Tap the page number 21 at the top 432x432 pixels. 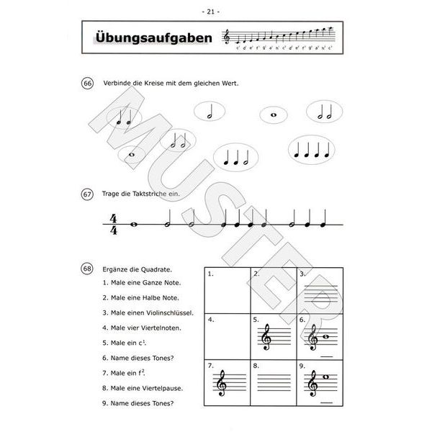pyautogui.click(x=216, y=11)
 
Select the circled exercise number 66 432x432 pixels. pyautogui.click(x=88, y=84)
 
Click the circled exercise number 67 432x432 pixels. pyautogui.click(x=88, y=194)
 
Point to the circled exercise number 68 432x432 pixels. pyautogui.click(x=88, y=269)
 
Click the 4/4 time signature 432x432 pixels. pyautogui.click(x=113, y=224)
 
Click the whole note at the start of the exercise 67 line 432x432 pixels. pyautogui.click(x=134, y=224)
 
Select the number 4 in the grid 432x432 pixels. pyautogui.click(x=210, y=318)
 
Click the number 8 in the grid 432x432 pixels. pyautogui.click(x=256, y=366)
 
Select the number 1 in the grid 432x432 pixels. pyautogui.click(x=210, y=274)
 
